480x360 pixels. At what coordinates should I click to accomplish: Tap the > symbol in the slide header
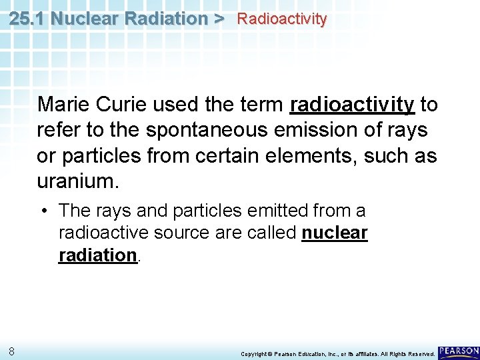coord(219,18)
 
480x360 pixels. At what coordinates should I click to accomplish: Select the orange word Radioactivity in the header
coord(282,19)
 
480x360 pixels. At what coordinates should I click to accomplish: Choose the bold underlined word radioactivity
coord(352,105)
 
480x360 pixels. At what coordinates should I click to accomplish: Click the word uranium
coord(70,181)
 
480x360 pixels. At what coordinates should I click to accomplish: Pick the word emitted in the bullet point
coord(273,211)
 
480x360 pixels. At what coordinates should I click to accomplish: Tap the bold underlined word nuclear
coord(335,233)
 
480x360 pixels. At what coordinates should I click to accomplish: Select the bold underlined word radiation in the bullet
coord(97,255)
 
